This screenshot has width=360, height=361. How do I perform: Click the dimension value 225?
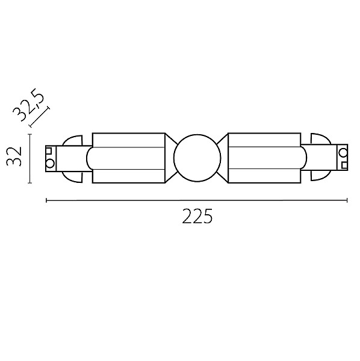[x=197, y=216]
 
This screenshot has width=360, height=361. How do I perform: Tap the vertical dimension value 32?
[x=14, y=156]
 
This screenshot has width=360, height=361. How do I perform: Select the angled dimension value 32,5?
[x=28, y=104]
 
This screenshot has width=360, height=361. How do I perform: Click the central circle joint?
[x=197, y=158]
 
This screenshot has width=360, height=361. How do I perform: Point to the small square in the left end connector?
[x=49, y=150]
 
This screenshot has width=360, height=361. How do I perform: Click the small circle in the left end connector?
[x=50, y=164]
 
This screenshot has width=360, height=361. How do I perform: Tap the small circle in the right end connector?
[x=343, y=152]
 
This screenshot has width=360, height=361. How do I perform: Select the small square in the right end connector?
[x=344, y=165]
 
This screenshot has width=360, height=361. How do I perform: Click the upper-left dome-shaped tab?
[x=73, y=140]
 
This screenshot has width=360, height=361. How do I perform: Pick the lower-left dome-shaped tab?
[x=73, y=177]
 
